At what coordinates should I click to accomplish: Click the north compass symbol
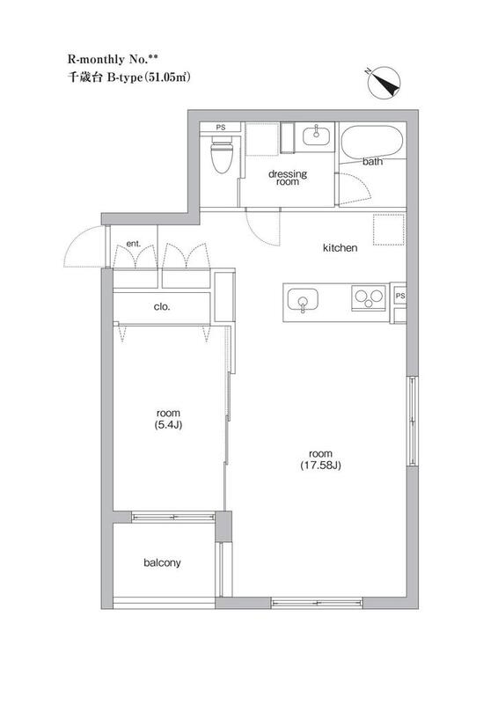384,83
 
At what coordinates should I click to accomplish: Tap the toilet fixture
222,155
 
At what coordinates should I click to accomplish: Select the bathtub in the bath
372,141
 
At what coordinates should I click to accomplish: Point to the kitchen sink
303,300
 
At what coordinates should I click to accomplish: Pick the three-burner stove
370,297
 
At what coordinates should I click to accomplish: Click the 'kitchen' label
340,248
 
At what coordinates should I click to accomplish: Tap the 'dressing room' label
288,178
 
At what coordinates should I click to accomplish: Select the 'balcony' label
162,563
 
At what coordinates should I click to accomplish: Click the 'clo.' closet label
162,307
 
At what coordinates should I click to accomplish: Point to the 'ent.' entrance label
134,244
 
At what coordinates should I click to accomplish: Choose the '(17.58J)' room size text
320,466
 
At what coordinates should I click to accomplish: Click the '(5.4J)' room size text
168,424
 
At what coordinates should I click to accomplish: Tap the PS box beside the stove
400,296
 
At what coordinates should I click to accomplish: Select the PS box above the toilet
221,128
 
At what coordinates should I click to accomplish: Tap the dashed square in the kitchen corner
389,230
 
